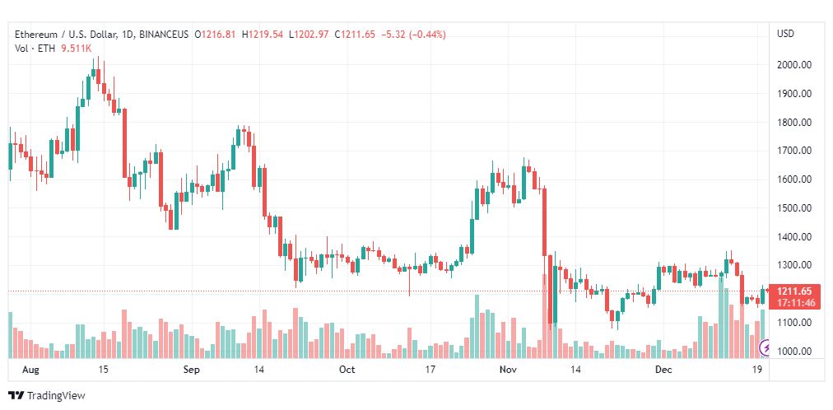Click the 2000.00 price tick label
793,65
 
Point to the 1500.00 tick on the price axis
793,208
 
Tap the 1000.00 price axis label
793,352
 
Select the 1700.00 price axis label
793,151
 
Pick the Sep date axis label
191,369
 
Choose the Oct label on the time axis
347,369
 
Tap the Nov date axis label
509,369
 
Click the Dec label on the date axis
664,369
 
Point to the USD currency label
786,34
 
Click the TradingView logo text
56,396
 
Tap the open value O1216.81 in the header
216,35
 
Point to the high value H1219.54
263,35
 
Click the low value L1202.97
309,35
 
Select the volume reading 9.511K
77,47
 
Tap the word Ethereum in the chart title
36,35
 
